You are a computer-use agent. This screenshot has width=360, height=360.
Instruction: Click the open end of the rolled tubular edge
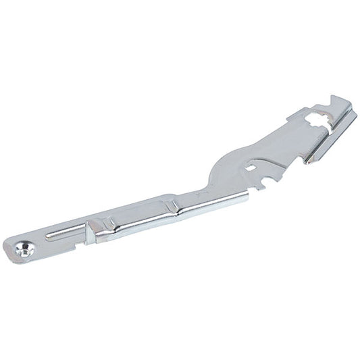[246, 195]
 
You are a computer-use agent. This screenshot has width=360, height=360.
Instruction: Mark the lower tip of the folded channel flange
[307, 162]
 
